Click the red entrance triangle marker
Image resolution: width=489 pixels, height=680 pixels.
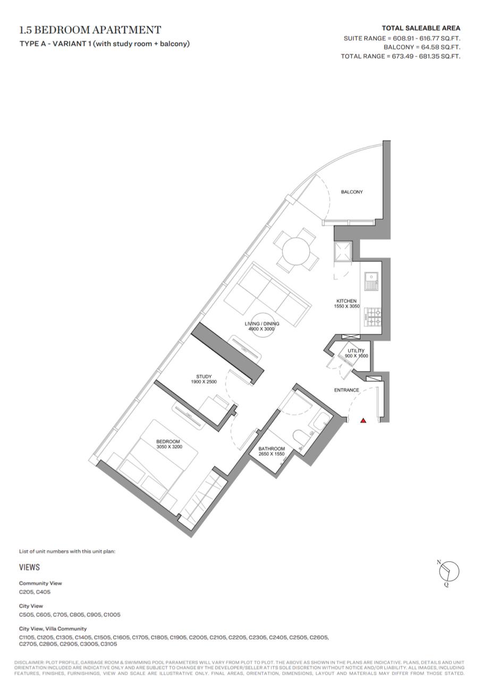[363, 421]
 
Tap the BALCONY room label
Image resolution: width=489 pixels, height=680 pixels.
[352, 192]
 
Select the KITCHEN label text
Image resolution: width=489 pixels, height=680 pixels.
[346, 301]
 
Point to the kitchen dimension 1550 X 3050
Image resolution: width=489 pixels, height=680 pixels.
[347, 306]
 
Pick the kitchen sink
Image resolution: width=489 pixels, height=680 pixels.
[371, 282]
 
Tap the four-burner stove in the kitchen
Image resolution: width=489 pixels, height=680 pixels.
[373, 317]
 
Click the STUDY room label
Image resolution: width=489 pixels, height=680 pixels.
[204, 377]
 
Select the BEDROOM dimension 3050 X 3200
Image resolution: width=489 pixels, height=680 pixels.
[169, 447]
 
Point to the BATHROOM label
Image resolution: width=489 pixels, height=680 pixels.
[272, 449]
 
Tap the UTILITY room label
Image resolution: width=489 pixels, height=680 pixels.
[356, 351]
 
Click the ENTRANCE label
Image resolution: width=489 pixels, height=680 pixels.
[347, 390]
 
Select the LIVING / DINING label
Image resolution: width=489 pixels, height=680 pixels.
[262, 324]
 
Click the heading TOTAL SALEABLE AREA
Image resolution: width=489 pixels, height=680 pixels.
[420, 28]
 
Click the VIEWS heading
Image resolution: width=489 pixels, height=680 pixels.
[29, 567]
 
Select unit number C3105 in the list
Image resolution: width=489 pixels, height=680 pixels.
[109, 644]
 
